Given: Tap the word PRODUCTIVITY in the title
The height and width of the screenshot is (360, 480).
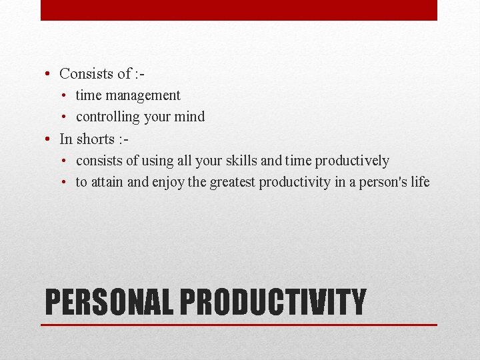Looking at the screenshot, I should [273, 302].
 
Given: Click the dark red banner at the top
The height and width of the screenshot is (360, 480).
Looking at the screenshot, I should [239, 10].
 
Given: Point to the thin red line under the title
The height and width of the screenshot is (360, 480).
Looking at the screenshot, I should [239, 325].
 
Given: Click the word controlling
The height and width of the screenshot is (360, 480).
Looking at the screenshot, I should [107, 117].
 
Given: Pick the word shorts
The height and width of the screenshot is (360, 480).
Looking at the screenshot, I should [95, 139].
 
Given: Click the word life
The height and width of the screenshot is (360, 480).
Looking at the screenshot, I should [420, 182].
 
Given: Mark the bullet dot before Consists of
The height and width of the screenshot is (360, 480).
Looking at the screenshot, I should [49, 74].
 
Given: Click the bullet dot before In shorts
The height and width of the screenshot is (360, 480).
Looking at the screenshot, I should [49, 139].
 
